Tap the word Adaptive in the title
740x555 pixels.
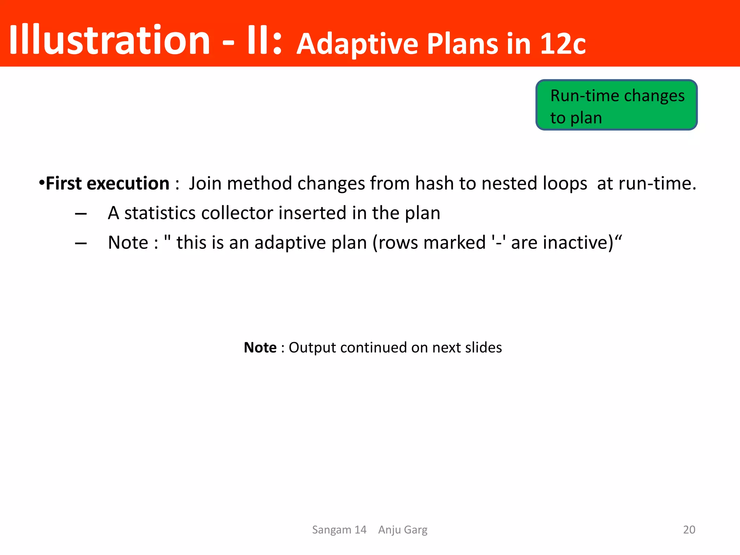pyautogui.click(x=357, y=44)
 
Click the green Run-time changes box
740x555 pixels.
pyautogui.click(x=616, y=105)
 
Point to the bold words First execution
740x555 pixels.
pyautogui.click(x=107, y=183)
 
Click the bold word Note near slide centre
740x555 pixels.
pyautogui.click(x=260, y=348)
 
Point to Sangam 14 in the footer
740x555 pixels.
pyautogui.click(x=339, y=530)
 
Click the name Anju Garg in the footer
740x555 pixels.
pyautogui.click(x=403, y=530)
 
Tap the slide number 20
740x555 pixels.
pyautogui.click(x=689, y=530)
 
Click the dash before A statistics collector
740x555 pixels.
pyautogui.click(x=81, y=214)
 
